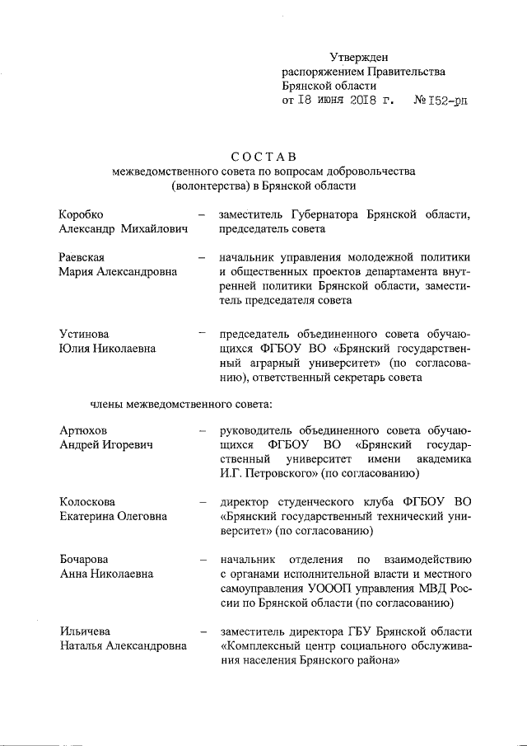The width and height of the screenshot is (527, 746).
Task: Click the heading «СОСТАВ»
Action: tap(263, 157)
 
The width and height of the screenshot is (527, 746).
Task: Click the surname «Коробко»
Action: tap(82, 214)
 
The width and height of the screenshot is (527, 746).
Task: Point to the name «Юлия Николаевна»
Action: tap(106, 349)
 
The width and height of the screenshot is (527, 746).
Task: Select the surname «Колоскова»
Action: tap(87, 501)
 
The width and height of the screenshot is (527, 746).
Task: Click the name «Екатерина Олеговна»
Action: tap(113, 516)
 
